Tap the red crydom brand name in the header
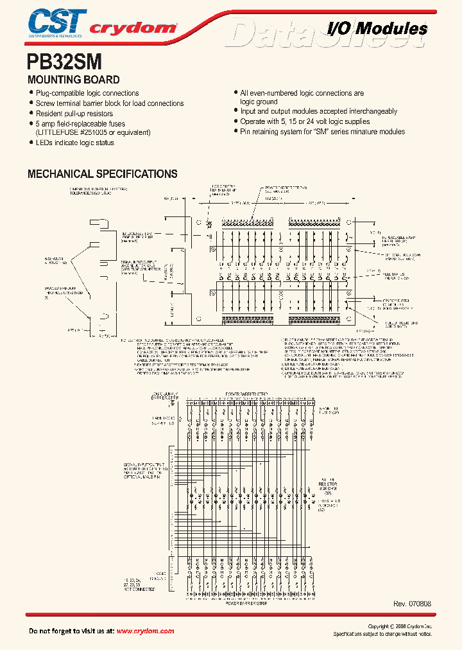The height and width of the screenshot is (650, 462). (x=132, y=28)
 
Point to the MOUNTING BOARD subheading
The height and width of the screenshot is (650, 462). (x=73, y=80)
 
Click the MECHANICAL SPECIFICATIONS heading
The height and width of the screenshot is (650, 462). (x=102, y=174)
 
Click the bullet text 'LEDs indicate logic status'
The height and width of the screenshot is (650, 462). (x=74, y=143)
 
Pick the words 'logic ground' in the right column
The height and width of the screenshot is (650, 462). (x=259, y=101)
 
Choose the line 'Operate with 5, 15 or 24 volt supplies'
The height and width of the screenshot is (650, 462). (x=305, y=121)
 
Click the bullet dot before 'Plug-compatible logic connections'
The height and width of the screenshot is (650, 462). (x=31, y=94)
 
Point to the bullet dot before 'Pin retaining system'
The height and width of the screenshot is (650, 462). (x=235, y=132)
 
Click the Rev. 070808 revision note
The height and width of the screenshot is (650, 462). (x=412, y=604)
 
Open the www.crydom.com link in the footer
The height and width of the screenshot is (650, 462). (x=145, y=631)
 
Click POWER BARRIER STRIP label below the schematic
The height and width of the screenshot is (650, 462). (x=247, y=604)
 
